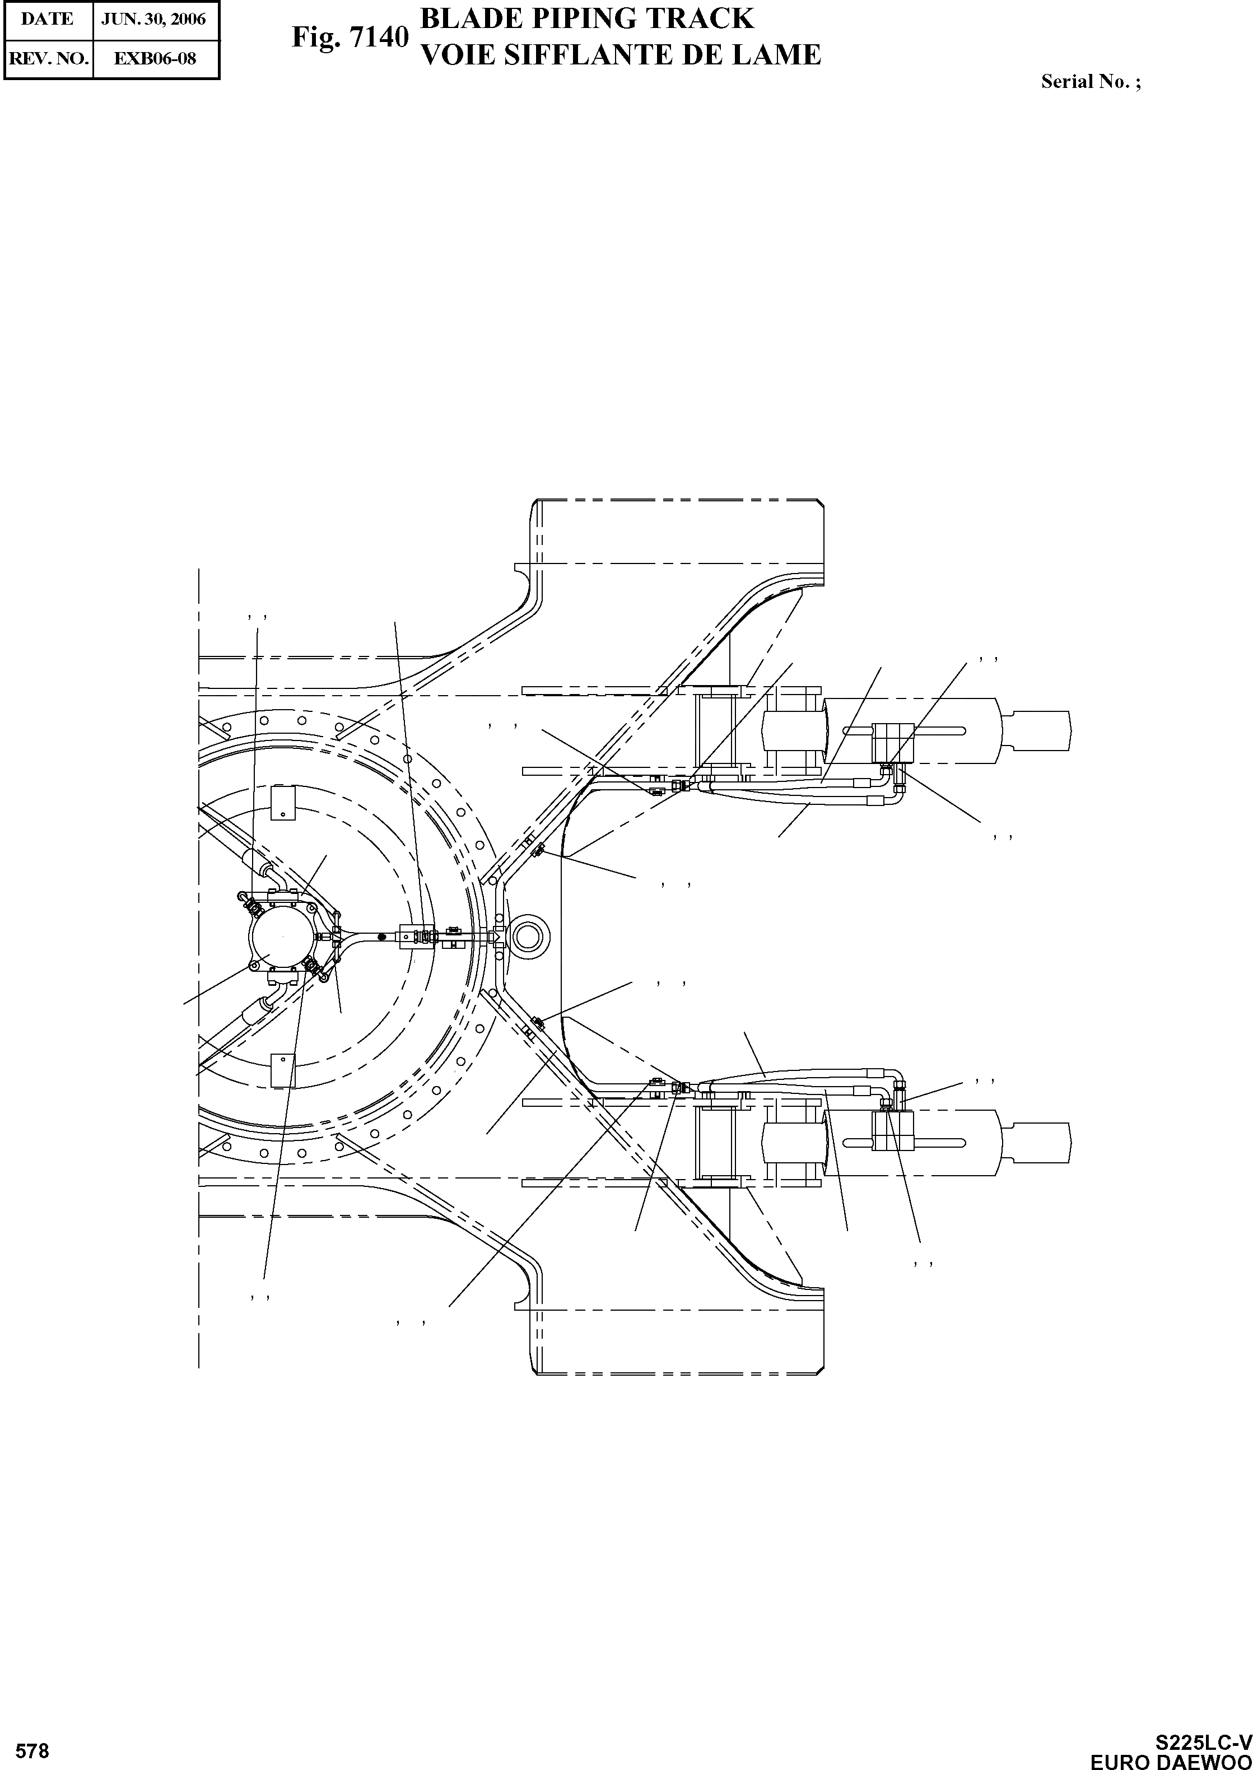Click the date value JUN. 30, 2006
pos(154,19)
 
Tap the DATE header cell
pos(47,19)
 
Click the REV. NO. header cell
pos(48,59)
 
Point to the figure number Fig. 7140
pos(350,36)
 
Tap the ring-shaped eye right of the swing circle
pos(529,936)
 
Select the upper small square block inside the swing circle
pos(283,803)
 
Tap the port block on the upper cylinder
pos(893,742)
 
